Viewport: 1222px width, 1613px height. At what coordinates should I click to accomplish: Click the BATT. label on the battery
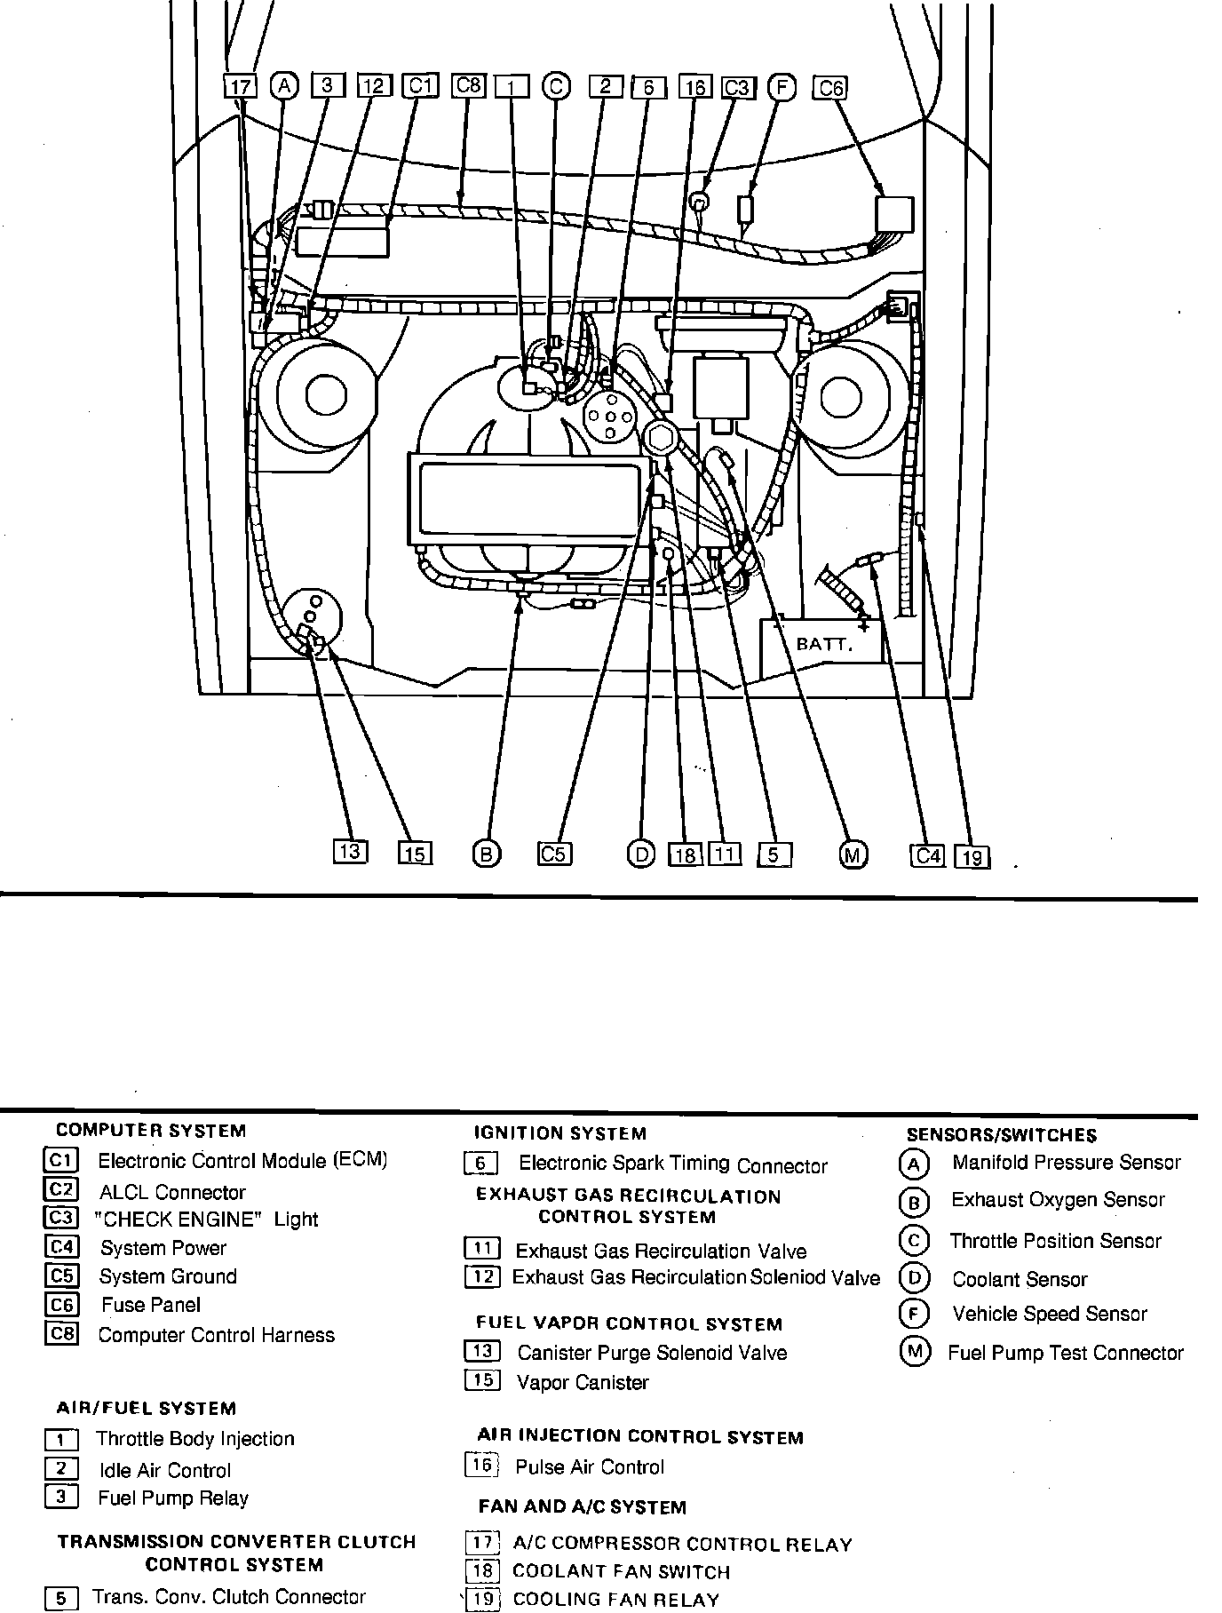825,644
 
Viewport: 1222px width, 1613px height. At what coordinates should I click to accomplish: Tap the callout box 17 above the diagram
240,86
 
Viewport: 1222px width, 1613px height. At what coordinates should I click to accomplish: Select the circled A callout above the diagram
284,85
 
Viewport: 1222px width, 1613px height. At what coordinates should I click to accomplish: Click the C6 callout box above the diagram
829,87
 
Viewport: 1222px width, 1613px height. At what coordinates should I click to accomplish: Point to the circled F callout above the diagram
782,87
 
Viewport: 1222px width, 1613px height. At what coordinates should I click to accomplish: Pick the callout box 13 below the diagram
350,851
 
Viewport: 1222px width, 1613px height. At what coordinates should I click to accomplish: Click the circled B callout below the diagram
486,854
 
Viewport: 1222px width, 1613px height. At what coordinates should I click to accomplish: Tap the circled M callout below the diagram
853,854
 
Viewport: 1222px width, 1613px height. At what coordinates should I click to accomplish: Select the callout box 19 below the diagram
972,856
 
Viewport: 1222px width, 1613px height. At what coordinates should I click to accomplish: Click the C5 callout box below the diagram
554,854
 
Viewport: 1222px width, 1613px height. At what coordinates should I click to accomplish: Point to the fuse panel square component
894,215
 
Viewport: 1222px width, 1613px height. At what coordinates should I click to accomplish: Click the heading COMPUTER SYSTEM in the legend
151,1131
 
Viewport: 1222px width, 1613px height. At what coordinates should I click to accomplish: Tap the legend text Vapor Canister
583,1382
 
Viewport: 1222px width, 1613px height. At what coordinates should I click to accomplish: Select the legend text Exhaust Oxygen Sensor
1058,1200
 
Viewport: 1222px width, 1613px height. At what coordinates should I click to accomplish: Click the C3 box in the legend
61,1218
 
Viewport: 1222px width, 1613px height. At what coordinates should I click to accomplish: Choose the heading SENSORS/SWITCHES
1001,1135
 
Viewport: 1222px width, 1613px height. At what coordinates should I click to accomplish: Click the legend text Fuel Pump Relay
173,1498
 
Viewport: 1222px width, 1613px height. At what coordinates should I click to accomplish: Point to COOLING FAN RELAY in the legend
616,1600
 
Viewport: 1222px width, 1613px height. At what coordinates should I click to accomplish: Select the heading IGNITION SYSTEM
560,1133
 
